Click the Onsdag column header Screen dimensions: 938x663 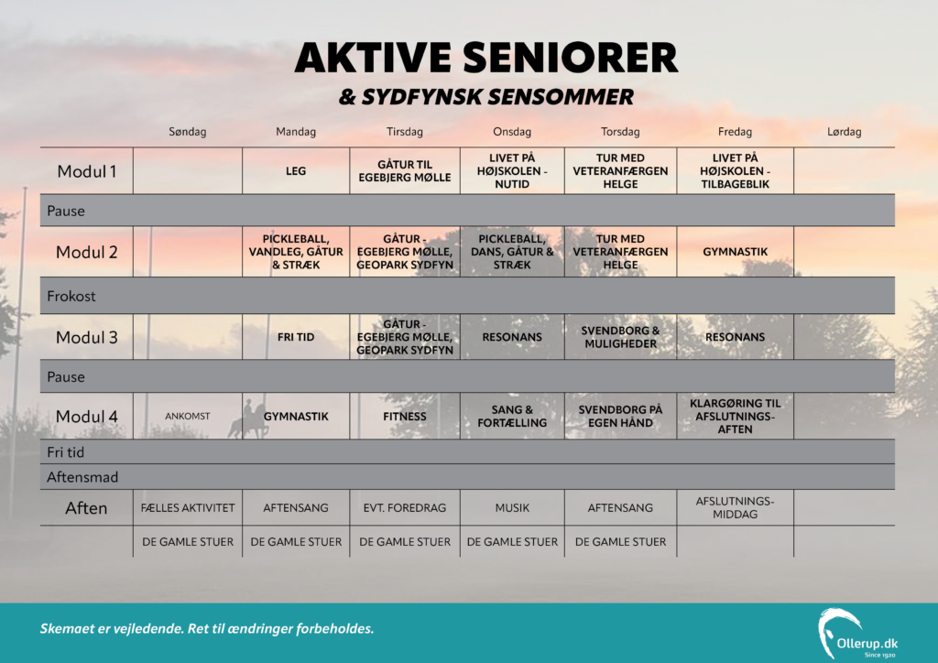point(511,132)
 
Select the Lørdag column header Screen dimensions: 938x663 point(844,132)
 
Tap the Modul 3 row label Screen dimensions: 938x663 point(87,337)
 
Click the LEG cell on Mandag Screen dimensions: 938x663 point(296,171)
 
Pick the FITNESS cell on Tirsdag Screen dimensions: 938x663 point(404,416)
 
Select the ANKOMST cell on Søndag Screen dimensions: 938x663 point(187,416)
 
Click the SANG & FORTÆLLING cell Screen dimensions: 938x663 point(512,416)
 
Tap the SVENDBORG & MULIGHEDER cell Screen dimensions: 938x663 point(620,337)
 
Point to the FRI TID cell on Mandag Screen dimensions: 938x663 point(296,337)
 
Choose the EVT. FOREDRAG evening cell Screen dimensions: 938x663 point(404,507)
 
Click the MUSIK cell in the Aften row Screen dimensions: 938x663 point(512,507)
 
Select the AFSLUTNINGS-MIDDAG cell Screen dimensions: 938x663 point(735,507)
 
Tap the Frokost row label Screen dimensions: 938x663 point(71,296)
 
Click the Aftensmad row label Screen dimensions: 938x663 point(82,477)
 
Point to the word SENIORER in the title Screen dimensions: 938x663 point(570,58)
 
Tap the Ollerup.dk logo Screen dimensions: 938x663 point(857,633)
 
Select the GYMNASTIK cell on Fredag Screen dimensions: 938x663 point(735,252)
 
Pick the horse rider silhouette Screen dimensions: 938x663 point(247,419)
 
